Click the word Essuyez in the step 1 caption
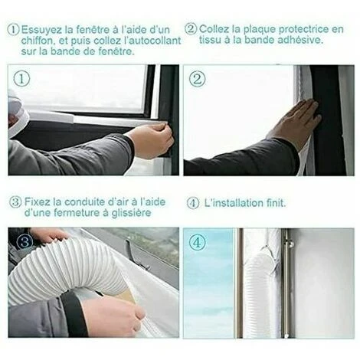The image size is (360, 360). tap(41, 30)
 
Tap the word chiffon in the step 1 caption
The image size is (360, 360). tap(37, 41)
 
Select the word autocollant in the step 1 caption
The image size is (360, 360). tap(156, 41)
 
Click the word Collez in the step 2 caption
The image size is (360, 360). tap(214, 29)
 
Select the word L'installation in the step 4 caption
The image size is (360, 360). tap(234, 203)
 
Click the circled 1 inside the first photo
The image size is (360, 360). tap(21, 79)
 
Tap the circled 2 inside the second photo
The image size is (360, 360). tap(197, 79)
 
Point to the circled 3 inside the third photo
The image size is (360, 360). tap(25, 241)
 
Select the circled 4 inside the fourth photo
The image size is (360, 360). tap(197, 243)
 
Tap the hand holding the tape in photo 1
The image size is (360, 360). tap(151, 139)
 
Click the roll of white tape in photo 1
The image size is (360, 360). tap(16, 113)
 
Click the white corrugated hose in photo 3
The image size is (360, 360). tap(64, 270)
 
